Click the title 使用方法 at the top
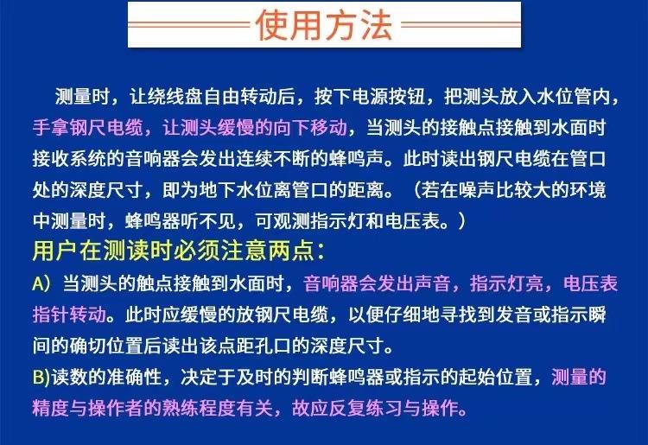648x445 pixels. tap(324, 25)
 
